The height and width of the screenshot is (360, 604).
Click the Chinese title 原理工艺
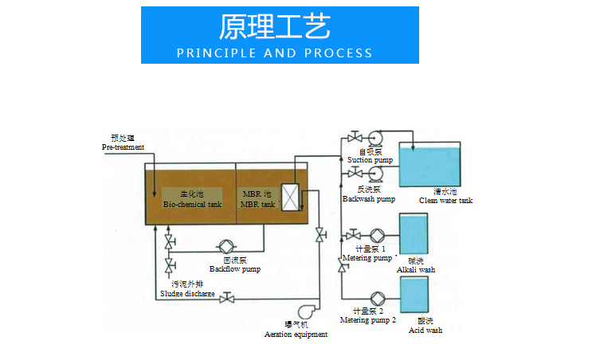pos(274,26)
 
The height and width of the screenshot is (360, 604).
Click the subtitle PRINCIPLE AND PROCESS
pos(274,53)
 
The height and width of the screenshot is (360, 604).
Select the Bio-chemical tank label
pos(192,199)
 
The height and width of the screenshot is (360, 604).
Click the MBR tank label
pos(257,199)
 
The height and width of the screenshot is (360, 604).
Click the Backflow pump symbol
pos(226,246)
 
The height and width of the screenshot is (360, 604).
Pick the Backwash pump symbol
pos(374,173)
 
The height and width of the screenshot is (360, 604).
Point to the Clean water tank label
pos(445,196)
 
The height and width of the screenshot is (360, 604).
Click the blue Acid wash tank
pos(413,295)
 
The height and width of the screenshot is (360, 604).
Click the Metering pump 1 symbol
pos(378,235)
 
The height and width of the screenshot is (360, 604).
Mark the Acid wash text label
pos(425,325)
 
